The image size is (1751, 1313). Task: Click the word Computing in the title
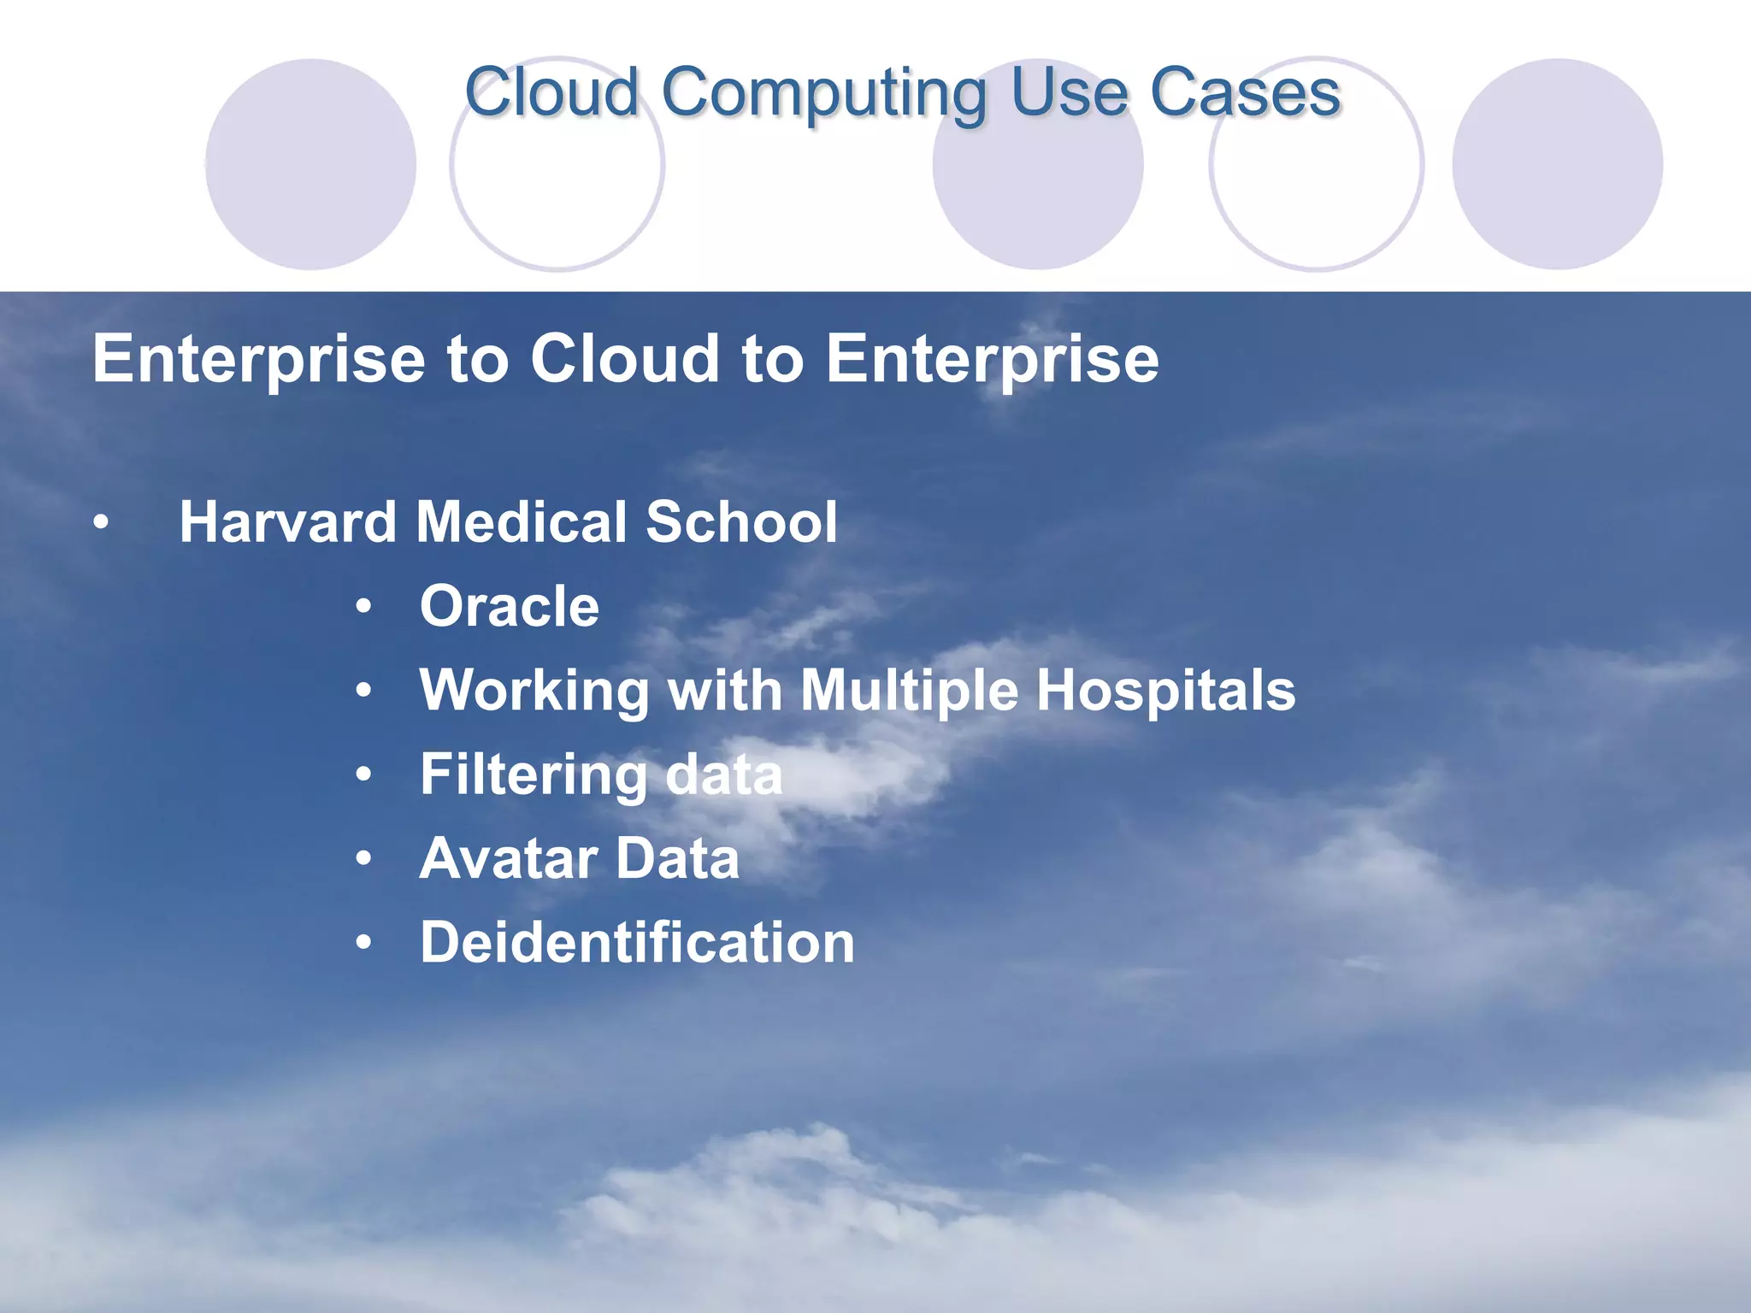pos(822,94)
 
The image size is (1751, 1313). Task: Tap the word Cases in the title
pos(1245,92)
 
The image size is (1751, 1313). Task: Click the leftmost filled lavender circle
pos(310,164)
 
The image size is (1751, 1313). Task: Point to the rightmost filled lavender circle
pos(1557,164)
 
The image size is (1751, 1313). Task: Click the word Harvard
pos(287,522)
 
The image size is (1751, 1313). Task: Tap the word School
pos(741,522)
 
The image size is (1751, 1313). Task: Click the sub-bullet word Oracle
pos(510,607)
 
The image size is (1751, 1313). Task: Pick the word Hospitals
pos(1165,691)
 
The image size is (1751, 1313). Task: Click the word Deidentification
pos(637,943)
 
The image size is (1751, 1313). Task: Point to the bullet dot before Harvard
pos(102,523)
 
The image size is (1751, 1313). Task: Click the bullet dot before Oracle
pos(364,607)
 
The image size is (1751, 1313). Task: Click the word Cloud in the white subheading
pos(625,359)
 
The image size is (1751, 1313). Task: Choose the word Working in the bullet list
pos(534,691)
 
